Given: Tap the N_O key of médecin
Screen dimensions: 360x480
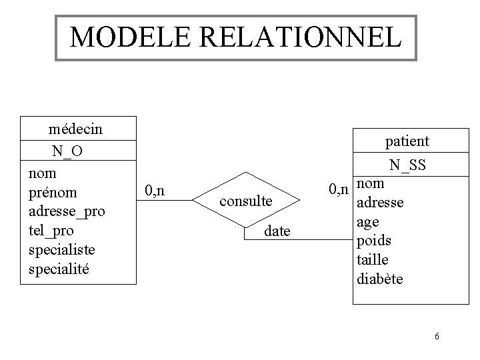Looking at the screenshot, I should (x=68, y=151).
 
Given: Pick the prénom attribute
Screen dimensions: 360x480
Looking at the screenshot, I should (x=53, y=193).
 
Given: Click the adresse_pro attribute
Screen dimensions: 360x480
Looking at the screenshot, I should (x=67, y=211).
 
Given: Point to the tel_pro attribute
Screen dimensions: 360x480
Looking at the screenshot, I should (x=52, y=231).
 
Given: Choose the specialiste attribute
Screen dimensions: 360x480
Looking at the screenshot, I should (x=62, y=249).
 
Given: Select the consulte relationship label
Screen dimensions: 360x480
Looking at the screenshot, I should (x=245, y=200).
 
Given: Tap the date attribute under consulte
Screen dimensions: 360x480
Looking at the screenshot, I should (x=277, y=231).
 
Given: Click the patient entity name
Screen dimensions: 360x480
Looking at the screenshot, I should (x=407, y=141).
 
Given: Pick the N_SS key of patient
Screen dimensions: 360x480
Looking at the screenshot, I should (x=408, y=165).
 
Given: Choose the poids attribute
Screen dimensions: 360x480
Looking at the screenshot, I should (x=374, y=240).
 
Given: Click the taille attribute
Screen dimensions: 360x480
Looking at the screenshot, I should (x=373, y=259).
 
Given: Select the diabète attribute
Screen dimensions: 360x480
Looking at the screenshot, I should (x=380, y=279).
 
